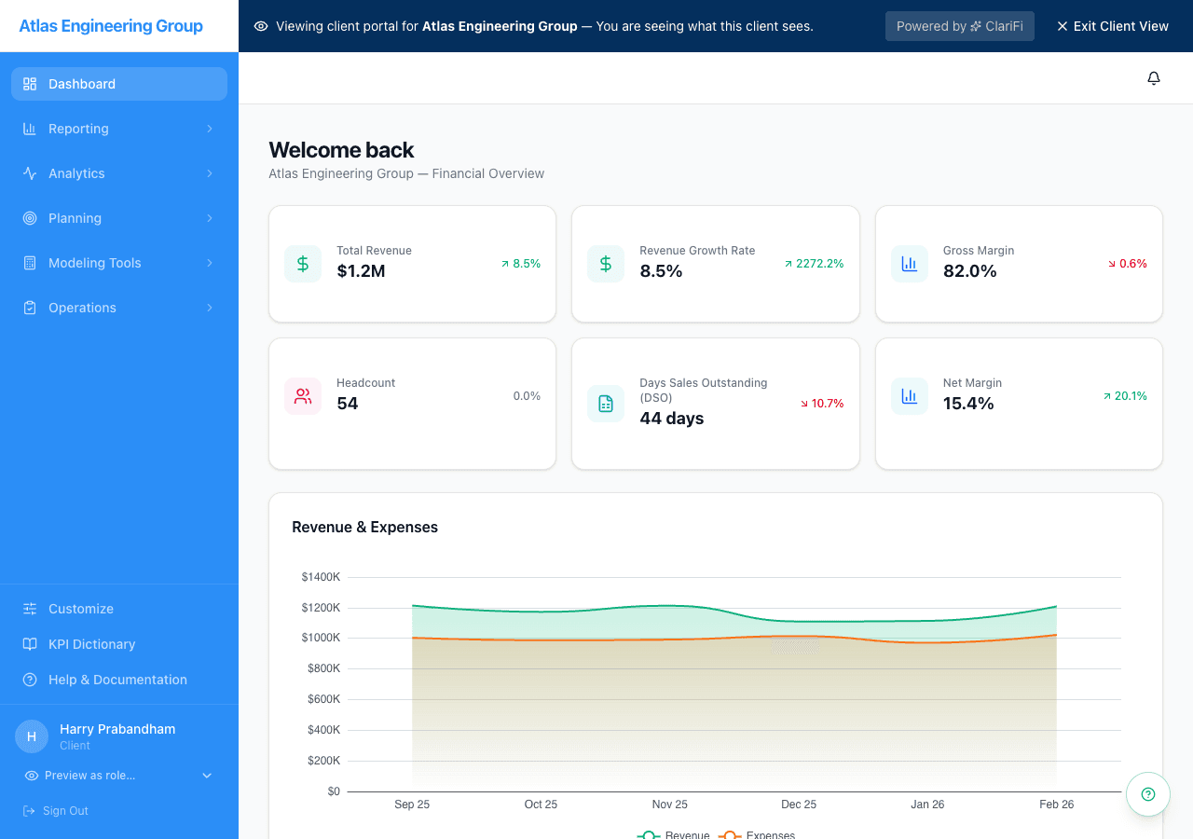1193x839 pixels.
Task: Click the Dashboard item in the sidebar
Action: tap(82, 84)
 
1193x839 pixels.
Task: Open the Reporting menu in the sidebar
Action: tap(78, 129)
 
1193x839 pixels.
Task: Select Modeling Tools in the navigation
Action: tap(94, 263)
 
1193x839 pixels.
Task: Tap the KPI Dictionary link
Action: tap(91, 644)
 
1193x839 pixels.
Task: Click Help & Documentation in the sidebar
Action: tap(117, 680)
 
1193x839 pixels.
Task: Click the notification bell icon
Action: tap(1153, 78)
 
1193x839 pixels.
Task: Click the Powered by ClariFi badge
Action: tap(959, 26)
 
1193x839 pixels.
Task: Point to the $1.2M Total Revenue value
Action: tap(361, 271)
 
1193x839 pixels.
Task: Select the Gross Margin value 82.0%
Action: tap(969, 271)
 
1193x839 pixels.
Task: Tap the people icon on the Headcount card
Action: tap(303, 396)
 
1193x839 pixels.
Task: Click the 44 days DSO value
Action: tap(671, 419)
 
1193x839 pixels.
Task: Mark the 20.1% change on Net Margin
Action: tap(1125, 396)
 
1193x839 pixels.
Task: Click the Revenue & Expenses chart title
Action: tap(364, 527)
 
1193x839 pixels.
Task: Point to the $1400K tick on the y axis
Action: tap(321, 577)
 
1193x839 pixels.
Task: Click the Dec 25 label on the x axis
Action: tap(798, 805)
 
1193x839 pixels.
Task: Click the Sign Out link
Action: tap(65, 811)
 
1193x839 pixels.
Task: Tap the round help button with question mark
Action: tap(1147, 794)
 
